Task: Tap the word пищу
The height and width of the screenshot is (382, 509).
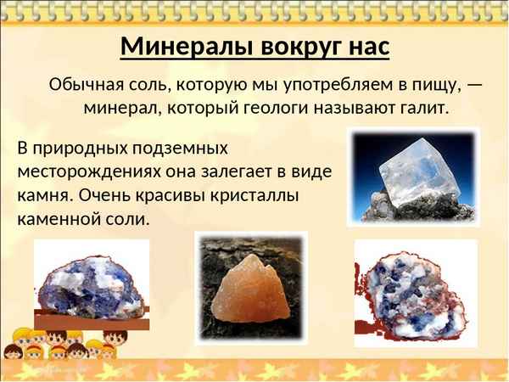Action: (431, 85)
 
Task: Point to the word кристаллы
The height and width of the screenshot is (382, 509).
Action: (254, 194)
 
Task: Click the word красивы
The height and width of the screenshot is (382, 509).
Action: (164, 194)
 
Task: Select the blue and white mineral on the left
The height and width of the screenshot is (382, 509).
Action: (91, 279)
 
